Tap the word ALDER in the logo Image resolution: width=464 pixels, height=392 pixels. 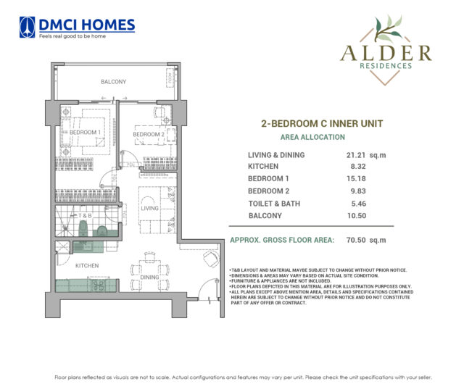point(385,52)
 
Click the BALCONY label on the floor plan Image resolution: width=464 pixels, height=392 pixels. point(114,81)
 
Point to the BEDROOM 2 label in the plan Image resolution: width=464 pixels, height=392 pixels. point(149,134)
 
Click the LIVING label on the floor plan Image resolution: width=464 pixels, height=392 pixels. point(149,208)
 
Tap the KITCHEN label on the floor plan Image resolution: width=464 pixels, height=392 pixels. point(88,266)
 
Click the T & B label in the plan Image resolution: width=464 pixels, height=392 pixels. point(85,216)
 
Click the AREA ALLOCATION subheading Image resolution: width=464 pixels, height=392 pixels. point(312,137)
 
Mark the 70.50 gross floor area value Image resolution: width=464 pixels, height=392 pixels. point(354,240)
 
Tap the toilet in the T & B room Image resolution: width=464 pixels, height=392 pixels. point(103,231)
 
